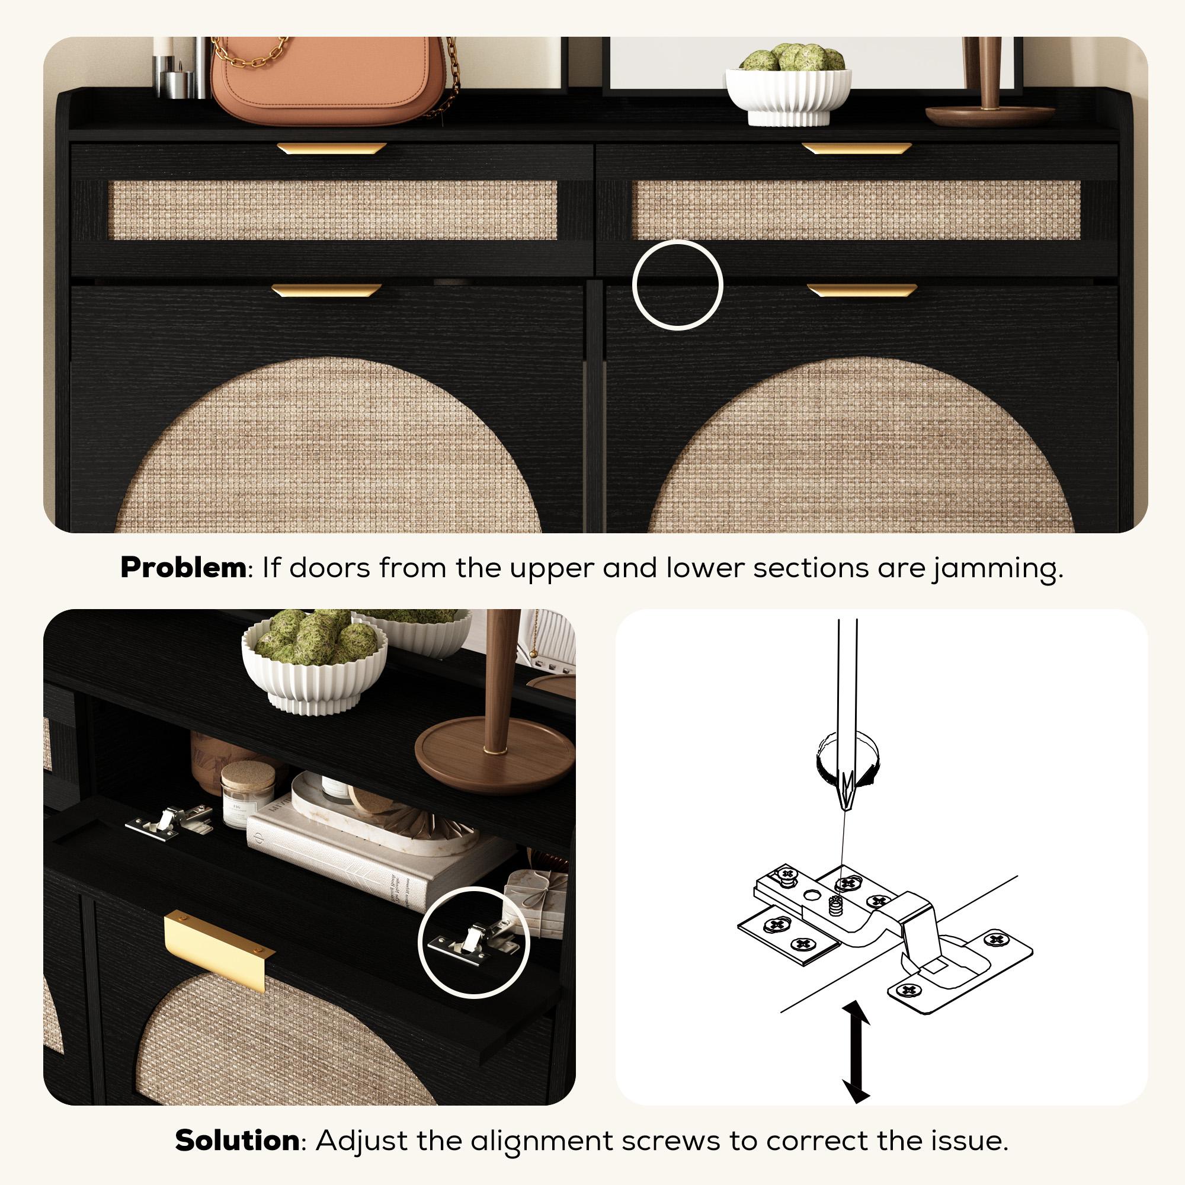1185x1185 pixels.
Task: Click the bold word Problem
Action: [182, 568]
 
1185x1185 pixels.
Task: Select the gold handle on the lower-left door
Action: [326, 290]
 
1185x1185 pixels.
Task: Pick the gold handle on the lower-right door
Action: [861, 290]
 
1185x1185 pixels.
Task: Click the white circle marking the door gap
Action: [678, 285]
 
